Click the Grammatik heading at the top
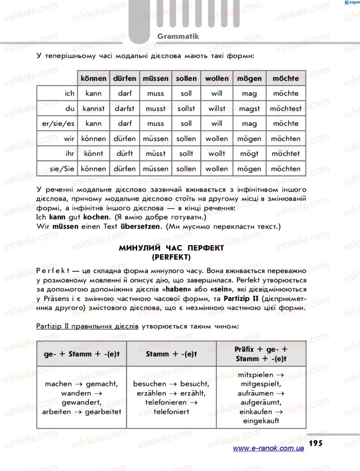(178, 36)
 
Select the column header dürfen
(125, 78)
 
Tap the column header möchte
(285, 78)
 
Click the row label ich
(69, 94)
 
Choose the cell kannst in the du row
(94, 108)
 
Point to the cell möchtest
(286, 108)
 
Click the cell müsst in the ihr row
(156, 153)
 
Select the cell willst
(217, 108)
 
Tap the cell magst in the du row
(249, 108)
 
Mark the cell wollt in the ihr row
(217, 153)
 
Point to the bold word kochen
(96, 217)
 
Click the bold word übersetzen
(140, 226)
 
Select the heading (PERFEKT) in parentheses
(171, 257)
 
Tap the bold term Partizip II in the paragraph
(234, 299)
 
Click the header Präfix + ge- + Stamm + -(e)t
(261, 354)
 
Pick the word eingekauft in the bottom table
(261, 421)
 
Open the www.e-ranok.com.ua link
(269, 449)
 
